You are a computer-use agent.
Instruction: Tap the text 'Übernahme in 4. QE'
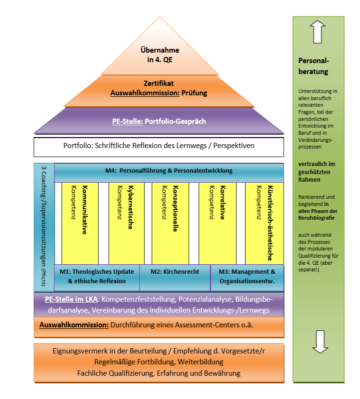coord(160,55)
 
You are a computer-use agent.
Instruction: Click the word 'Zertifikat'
coord(159,84)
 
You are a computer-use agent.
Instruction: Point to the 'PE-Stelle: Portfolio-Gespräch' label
coord(159,121)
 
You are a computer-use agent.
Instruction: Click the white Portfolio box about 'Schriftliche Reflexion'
coord(159,146)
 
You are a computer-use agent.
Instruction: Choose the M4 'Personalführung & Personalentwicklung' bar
coord(169,171)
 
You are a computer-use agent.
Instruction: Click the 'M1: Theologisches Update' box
coord(97,277)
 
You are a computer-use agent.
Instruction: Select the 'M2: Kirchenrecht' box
coord(175,272)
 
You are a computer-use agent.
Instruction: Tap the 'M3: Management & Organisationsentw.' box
coord(247,277)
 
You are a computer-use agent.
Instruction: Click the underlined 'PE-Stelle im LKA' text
coord(72,299)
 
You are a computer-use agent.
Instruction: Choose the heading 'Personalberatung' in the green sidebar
coord(313,66)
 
